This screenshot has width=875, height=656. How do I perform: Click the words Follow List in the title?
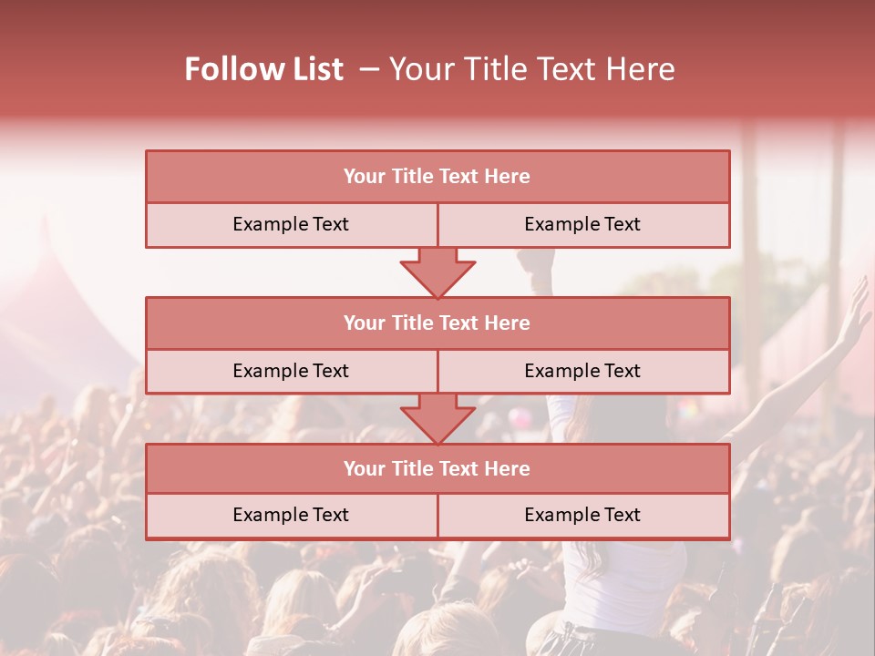pyautogui.click(x=263, y=69)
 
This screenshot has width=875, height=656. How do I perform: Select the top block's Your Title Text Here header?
pyautogui.click(x=437, y=177)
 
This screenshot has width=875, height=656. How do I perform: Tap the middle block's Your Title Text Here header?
pyautogui.click(x=437, y=323)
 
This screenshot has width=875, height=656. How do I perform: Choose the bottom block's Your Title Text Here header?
pyautogui.click(x=437, y=468)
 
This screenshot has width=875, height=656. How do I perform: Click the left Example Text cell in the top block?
pyautogui.click(x=291, y=224)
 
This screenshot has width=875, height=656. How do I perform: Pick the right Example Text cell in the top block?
pyautogui.click(x=582, y=224)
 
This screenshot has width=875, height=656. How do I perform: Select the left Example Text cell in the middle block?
pyautogui.click(x=291, y=371)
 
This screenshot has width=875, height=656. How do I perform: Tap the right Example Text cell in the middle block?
pyautogui.click(x=582, y=371)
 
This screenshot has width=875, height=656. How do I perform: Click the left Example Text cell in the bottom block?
pyautogui.click(x=291, y=515)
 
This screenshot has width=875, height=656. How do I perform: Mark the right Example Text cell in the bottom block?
pyautogui.click(x=582, y=515)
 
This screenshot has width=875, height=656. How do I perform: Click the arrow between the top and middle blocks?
pyautogui.click(x=437, y=272)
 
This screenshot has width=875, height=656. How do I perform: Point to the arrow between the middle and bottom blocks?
pyautogui.click(x=437, y=418)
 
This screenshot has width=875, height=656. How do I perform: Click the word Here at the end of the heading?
pyautogui.click(x=643, y=69)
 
